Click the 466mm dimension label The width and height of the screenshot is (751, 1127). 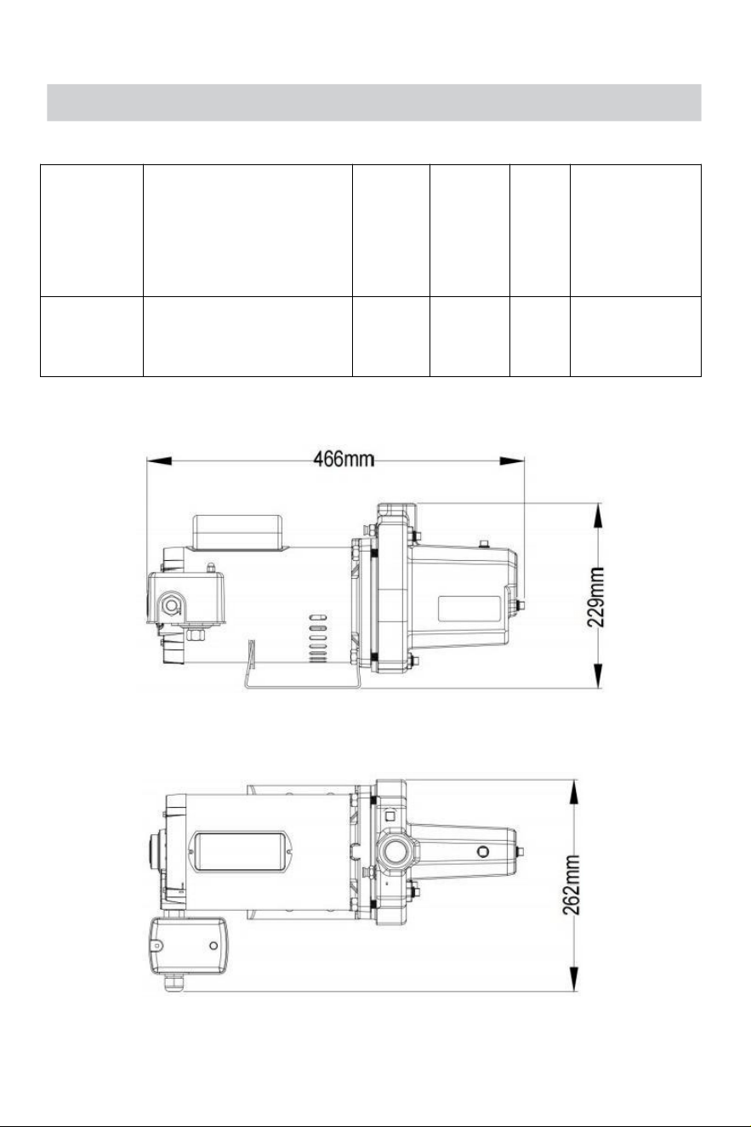pyautogui.click(x=344, y=459)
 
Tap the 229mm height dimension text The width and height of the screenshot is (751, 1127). pyautogui.click(x=596, y=597)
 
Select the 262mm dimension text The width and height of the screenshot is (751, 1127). pyautogui.click(x=571, y=885)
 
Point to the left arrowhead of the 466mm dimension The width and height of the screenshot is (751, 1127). pyautogui.click(x=159, y=461)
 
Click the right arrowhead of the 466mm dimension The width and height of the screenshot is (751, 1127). pyautogui.click(x=512, y=461)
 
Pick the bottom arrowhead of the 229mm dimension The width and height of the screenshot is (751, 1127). pyautogui.click(x=598, y=676)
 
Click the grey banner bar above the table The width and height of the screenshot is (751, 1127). pyautogui.click(x=374, y=103)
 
